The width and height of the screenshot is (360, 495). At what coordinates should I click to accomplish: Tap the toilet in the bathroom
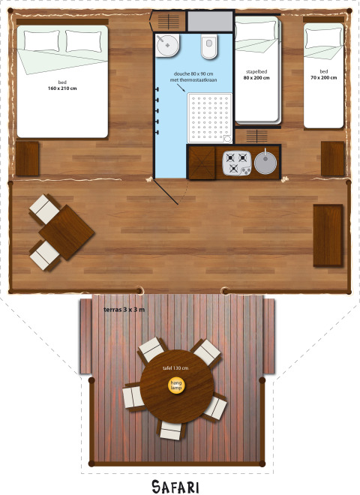[x=208, y=47]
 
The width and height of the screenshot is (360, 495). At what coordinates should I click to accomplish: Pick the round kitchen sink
[x=264, y=161]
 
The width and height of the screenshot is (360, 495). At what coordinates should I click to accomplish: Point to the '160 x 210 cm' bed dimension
[x=61, y=88]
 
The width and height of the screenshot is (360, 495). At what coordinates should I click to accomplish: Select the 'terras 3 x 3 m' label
[x=124, y=310]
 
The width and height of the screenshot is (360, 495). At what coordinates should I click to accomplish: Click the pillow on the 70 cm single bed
[x=323, y=37]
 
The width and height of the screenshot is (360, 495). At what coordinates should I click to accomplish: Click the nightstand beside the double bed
[x=27, y=158]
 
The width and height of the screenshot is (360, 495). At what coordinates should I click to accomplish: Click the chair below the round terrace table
[x=171, y=430]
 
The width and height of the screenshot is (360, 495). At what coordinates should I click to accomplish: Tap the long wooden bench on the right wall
[x=328, y=235]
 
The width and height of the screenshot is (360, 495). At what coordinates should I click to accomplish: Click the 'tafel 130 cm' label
[x=175, y=368]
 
